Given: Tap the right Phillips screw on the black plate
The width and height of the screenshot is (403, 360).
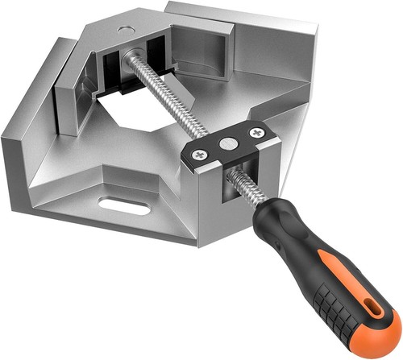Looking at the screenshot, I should pyautogui.click(x=256, y=132).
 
